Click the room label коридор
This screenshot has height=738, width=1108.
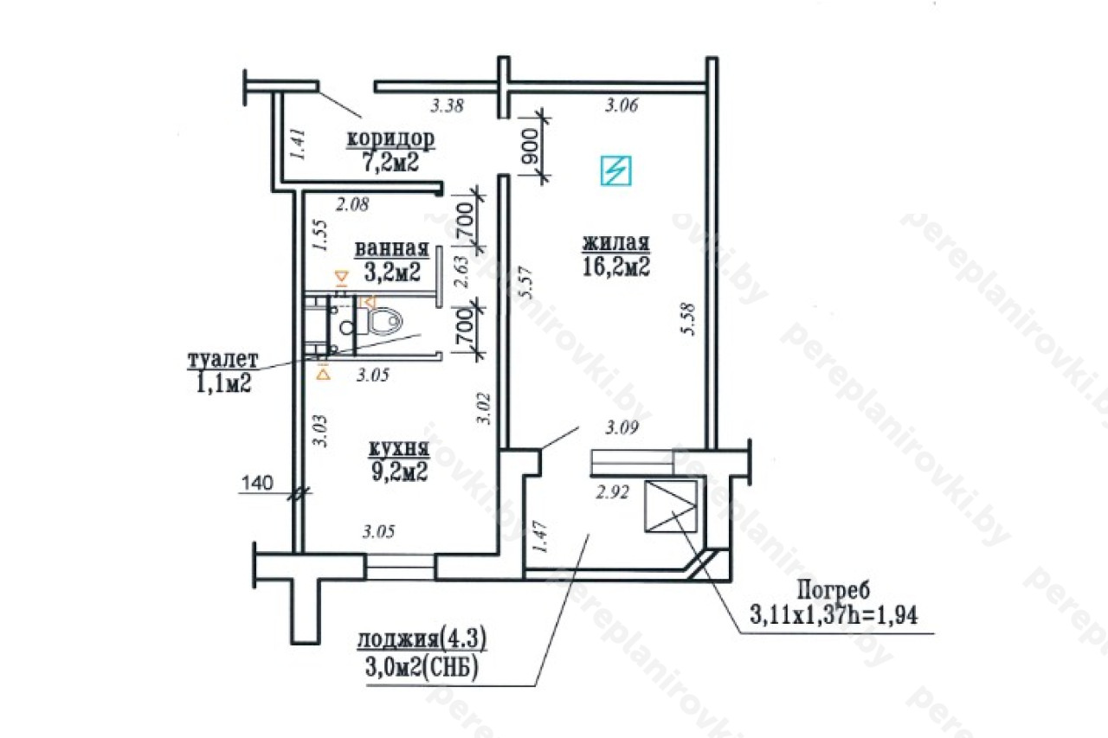[390, 139]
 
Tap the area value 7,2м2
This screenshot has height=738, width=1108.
[390, 162]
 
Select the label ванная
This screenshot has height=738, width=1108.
[392, 248]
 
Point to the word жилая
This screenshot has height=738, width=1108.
[615, 243]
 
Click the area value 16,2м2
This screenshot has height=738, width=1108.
[615, 266]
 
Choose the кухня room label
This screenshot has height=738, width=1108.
[399, 449]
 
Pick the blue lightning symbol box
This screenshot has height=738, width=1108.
[615, 170]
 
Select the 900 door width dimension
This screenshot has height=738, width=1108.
[530, 146]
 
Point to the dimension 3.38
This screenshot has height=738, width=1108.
[448, 106]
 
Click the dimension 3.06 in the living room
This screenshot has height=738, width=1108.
[622, 106]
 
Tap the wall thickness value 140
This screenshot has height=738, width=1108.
[258, 483]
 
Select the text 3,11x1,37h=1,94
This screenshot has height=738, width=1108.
[834, 615]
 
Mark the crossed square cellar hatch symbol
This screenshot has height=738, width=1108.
[670, 505]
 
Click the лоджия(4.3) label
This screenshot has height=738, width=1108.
[422, 639]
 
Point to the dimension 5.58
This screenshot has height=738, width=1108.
[688, 319]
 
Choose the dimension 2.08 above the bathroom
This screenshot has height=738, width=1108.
[352, 204]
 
